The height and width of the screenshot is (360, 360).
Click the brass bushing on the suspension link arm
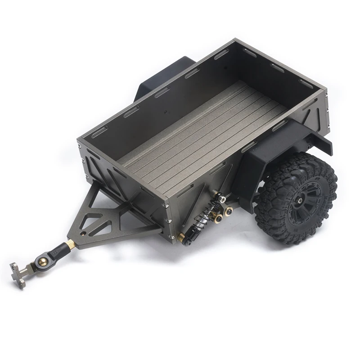point(219,218)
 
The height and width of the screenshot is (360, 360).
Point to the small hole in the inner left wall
point(166,109)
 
